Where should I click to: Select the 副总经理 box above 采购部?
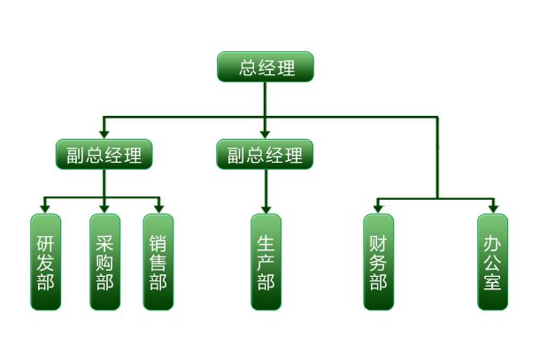[x=104, y=155]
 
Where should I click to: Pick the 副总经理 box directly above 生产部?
[x=265, y=155]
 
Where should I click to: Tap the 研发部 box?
[x=46, y=262]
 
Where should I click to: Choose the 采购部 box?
[x=104, y=262]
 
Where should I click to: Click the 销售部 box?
[x=158, y=262]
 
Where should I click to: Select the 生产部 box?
[x=266, y=262]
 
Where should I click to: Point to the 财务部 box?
[x=378, y=262]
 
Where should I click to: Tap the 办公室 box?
[x=493, y=262]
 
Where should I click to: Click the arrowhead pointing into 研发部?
[x=46, y=209]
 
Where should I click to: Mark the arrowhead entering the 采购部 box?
[x=104, y=209]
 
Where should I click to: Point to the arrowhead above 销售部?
[x=158, y=209]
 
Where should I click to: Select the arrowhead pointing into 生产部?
[x=266, y=209]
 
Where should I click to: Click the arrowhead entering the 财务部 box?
[x=378, y=209]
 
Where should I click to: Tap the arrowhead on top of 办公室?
[x=493, y=209]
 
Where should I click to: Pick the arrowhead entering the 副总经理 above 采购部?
[x=104, y=135]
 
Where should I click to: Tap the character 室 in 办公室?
[x=493, y=282]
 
